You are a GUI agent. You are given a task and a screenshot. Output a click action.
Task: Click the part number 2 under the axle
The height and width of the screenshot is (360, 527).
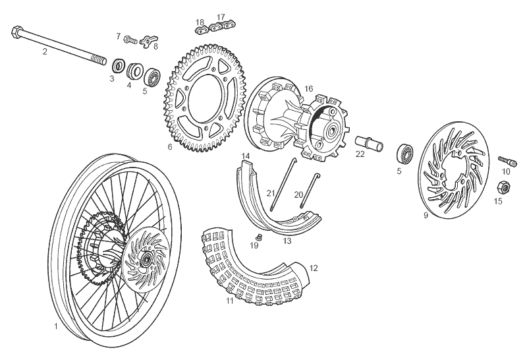[x=45, y=51]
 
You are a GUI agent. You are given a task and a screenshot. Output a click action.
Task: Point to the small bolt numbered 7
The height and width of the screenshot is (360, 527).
[x=130, y=40]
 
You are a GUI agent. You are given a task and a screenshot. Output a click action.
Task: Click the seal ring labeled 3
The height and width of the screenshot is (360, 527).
[x=119, y=65]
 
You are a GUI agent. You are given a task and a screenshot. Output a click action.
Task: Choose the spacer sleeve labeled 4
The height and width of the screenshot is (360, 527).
[x=136, y=69]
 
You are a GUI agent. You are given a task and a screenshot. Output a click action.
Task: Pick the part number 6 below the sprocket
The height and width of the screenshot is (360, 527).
[x=169, y=146]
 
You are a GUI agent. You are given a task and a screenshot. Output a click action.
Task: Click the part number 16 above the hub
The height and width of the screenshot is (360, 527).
[x=308, y=88]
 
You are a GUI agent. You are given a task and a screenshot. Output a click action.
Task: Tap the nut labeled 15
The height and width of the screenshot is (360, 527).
[x=498, y=188]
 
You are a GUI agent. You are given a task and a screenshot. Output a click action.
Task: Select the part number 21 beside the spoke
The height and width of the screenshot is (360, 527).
[x=270, y=193]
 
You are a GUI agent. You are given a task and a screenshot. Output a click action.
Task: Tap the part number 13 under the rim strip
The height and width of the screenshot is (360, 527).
[x=287, y=241]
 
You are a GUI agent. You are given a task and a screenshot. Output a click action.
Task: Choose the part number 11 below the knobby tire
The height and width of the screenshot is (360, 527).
[x=230, y=301]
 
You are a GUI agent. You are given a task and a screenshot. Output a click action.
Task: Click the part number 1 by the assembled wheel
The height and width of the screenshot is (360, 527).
[x=56, y=326]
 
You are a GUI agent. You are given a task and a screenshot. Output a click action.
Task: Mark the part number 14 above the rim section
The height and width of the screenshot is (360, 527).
[x=245, y=156]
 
